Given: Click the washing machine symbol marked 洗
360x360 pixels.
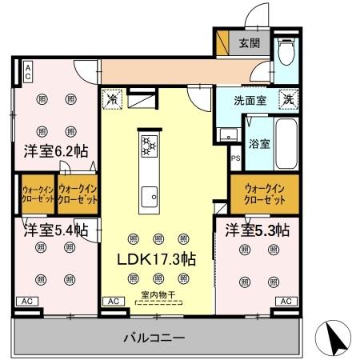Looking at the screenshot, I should click(x=286, y=100).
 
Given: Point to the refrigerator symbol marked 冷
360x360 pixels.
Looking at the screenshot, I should click(x=113, y=101).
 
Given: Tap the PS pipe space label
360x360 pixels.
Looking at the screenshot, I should click(x=235, y=159).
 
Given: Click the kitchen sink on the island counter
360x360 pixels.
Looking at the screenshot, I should click(x=148, y=195).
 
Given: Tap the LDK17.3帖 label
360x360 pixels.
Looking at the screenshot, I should click(x=156, y=260).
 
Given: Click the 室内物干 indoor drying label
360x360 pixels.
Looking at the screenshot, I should click(x=157, y=295).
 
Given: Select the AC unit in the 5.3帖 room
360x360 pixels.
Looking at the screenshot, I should click(x=284, y=302).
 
